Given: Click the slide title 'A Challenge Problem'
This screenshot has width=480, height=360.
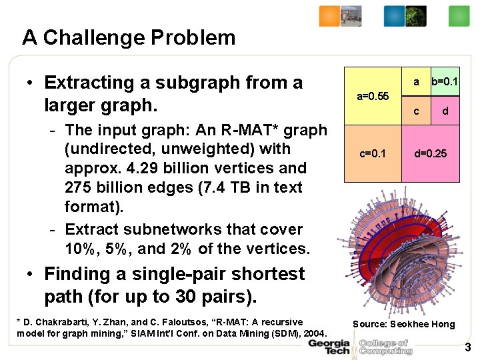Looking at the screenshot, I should click(129, 37).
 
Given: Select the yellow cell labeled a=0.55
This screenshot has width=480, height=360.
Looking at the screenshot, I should click(373, 96).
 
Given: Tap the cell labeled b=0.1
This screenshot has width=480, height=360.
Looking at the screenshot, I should click(445, 82).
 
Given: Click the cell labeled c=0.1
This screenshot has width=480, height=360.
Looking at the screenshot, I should click(373, 154).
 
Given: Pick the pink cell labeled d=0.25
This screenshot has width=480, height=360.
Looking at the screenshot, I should click(430, 154).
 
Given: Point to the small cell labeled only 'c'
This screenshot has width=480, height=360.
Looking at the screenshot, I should click(416, 111).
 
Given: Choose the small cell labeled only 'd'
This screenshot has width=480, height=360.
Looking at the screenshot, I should click(445, 111).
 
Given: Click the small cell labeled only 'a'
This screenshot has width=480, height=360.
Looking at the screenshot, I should click(416, 82).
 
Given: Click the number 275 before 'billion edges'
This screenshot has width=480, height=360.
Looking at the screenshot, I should click(79, 188).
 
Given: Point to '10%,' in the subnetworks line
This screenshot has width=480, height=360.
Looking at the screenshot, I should click(82, 249).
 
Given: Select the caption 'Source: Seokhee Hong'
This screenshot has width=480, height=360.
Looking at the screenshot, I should click(403, 324).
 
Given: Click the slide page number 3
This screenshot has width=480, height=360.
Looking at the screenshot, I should click(467, 347).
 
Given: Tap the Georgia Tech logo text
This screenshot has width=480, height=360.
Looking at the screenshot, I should click(328, 347).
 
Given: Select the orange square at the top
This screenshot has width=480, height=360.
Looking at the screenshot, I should click(329, 15).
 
